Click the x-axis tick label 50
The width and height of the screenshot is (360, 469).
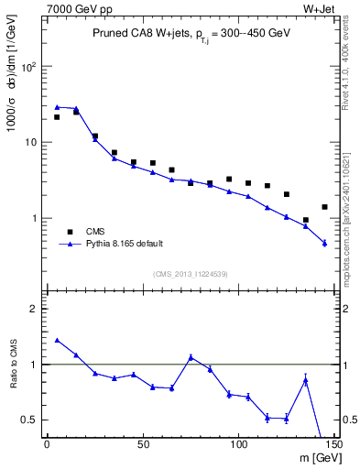(143, 444)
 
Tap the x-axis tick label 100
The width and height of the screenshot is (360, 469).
(238, 444)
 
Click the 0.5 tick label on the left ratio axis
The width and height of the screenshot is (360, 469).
(29, 420)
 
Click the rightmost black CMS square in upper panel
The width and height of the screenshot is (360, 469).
(325, 207)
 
